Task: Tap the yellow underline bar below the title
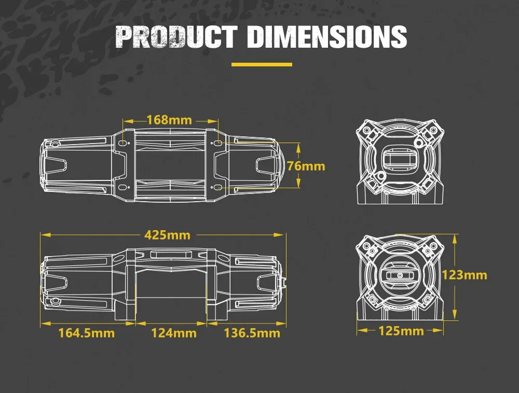coord(262,64)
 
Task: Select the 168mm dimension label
coord(169,120)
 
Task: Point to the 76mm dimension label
coord(306,166)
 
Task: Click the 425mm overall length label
coord(168,235)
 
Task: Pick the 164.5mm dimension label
coord(87,333)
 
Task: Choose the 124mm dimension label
coord(174,333)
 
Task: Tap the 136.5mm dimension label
coord(252,333)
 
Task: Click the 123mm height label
coord(465,275)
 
